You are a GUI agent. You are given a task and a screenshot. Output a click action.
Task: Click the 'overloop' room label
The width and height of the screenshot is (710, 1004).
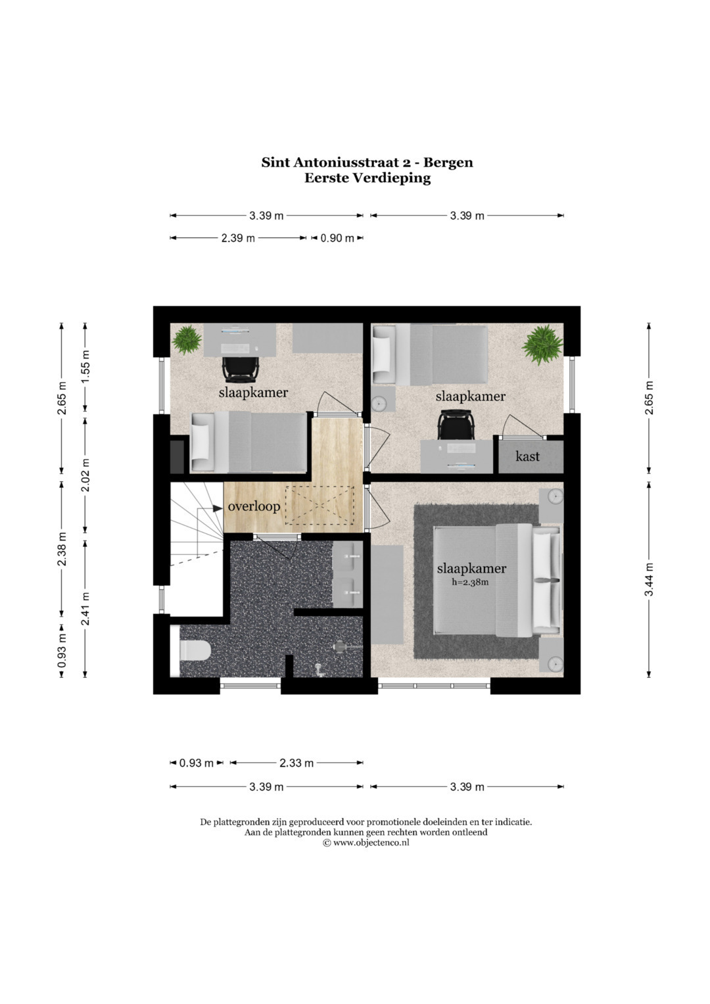click(x=254, y=507)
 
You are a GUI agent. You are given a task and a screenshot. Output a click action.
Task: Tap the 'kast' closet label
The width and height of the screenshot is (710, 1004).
click(x=527, y=456)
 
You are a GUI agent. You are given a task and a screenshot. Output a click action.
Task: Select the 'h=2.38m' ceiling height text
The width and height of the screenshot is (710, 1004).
click(x=471, y=583)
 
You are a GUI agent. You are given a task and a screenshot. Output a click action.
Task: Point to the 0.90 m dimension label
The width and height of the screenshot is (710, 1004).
click(x=337, y=238)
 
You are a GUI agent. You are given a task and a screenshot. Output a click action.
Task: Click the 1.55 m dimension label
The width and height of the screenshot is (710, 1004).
click(x=85, y=366)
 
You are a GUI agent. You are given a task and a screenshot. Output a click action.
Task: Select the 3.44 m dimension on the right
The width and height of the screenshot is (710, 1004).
click(x=649, y=579)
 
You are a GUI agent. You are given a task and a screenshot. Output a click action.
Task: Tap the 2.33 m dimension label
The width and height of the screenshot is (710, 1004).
click(x=296, y=763)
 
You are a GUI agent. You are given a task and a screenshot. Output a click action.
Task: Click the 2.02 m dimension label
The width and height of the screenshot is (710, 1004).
click(x=85, y=475)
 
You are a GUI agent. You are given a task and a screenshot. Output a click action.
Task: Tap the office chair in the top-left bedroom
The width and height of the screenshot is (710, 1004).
click(x=241, y=370)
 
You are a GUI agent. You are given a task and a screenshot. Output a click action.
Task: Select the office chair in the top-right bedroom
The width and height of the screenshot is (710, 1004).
click(x=456, y=424)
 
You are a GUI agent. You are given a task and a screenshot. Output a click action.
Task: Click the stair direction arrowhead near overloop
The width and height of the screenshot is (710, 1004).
click(x=218, y=508)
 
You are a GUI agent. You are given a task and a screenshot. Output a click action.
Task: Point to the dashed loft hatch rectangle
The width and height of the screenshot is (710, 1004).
click(x=319, y=506)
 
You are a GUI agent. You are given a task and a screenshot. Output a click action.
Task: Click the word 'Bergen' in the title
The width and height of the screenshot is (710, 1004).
click(x=448, y=162)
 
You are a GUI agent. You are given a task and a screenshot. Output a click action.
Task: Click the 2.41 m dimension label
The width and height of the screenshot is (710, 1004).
click(x=85, y=608)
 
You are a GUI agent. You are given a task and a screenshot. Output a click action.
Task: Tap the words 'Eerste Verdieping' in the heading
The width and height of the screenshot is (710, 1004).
click(x=367, y=178)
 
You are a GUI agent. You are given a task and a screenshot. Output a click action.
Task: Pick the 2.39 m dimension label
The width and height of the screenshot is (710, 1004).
click(x=238, y=238)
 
